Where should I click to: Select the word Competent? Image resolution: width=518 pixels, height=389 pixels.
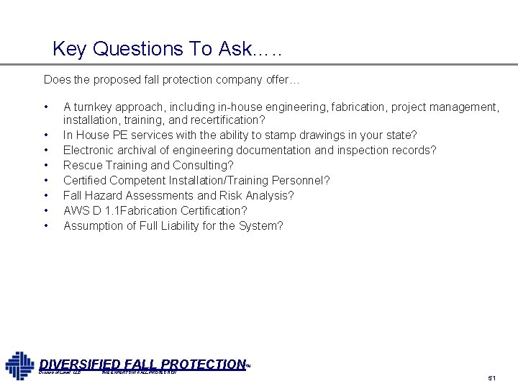(x=135, y=180)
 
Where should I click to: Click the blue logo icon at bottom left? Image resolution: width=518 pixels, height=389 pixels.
(x=19, y=365)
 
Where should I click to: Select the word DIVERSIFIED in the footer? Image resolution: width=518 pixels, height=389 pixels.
(x=79, y=365)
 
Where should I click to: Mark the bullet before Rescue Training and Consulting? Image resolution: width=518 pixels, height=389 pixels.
(x=46, y=165)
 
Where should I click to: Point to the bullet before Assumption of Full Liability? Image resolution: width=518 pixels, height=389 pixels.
(x=46, y=225)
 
